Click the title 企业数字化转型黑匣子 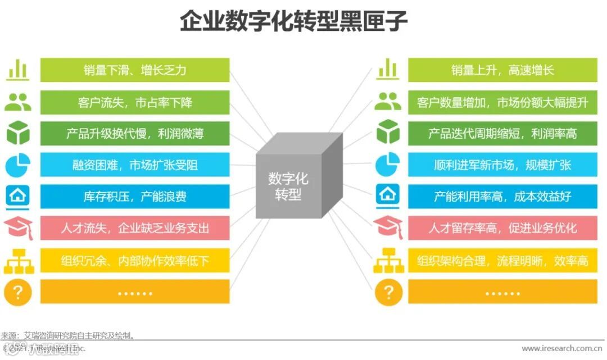click(x=293, y=22)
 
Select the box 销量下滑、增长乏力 click(x=135, y=70)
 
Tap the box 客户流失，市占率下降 click(x=135, y=102)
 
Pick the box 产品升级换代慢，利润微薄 click(x=135, y=134)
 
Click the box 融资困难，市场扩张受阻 click(x=135, y=165)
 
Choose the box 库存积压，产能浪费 click(x=135, y=197)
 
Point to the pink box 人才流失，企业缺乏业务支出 click(x=135, y=228)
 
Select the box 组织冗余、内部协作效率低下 click(x=135, y=260)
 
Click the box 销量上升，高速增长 click(x=502, y=70)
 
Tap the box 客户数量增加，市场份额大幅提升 click(x=502, y=102)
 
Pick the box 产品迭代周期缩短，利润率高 click(x=502, y=134)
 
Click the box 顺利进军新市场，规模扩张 click(x=502, y=165)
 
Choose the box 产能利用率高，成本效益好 click(x=502, y=197)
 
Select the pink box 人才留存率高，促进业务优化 click(x=502, y=228)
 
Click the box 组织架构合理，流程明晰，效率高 click(x=502, y=260)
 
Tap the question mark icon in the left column click(x=18, y=291)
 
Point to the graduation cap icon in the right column click(x=388, y=228)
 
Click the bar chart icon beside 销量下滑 click(x=18, y=70)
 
